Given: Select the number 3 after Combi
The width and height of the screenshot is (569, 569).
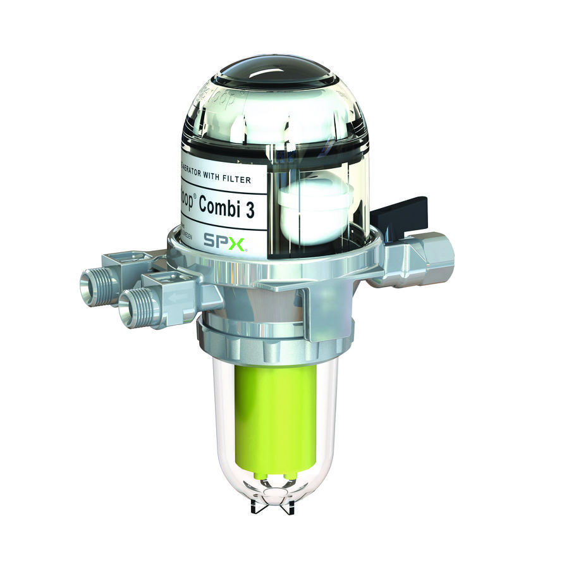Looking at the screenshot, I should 250,211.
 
